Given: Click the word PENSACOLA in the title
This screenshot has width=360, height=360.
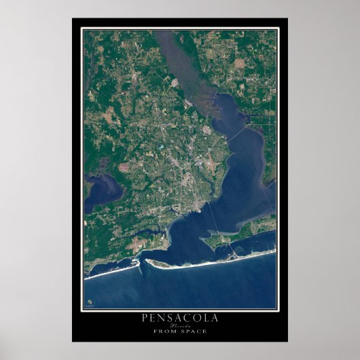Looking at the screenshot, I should coord(179,318).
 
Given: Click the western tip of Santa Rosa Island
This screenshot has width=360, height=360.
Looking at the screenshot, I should coord(149,262).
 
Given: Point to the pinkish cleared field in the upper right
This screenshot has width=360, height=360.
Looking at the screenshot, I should coord(239,63).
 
